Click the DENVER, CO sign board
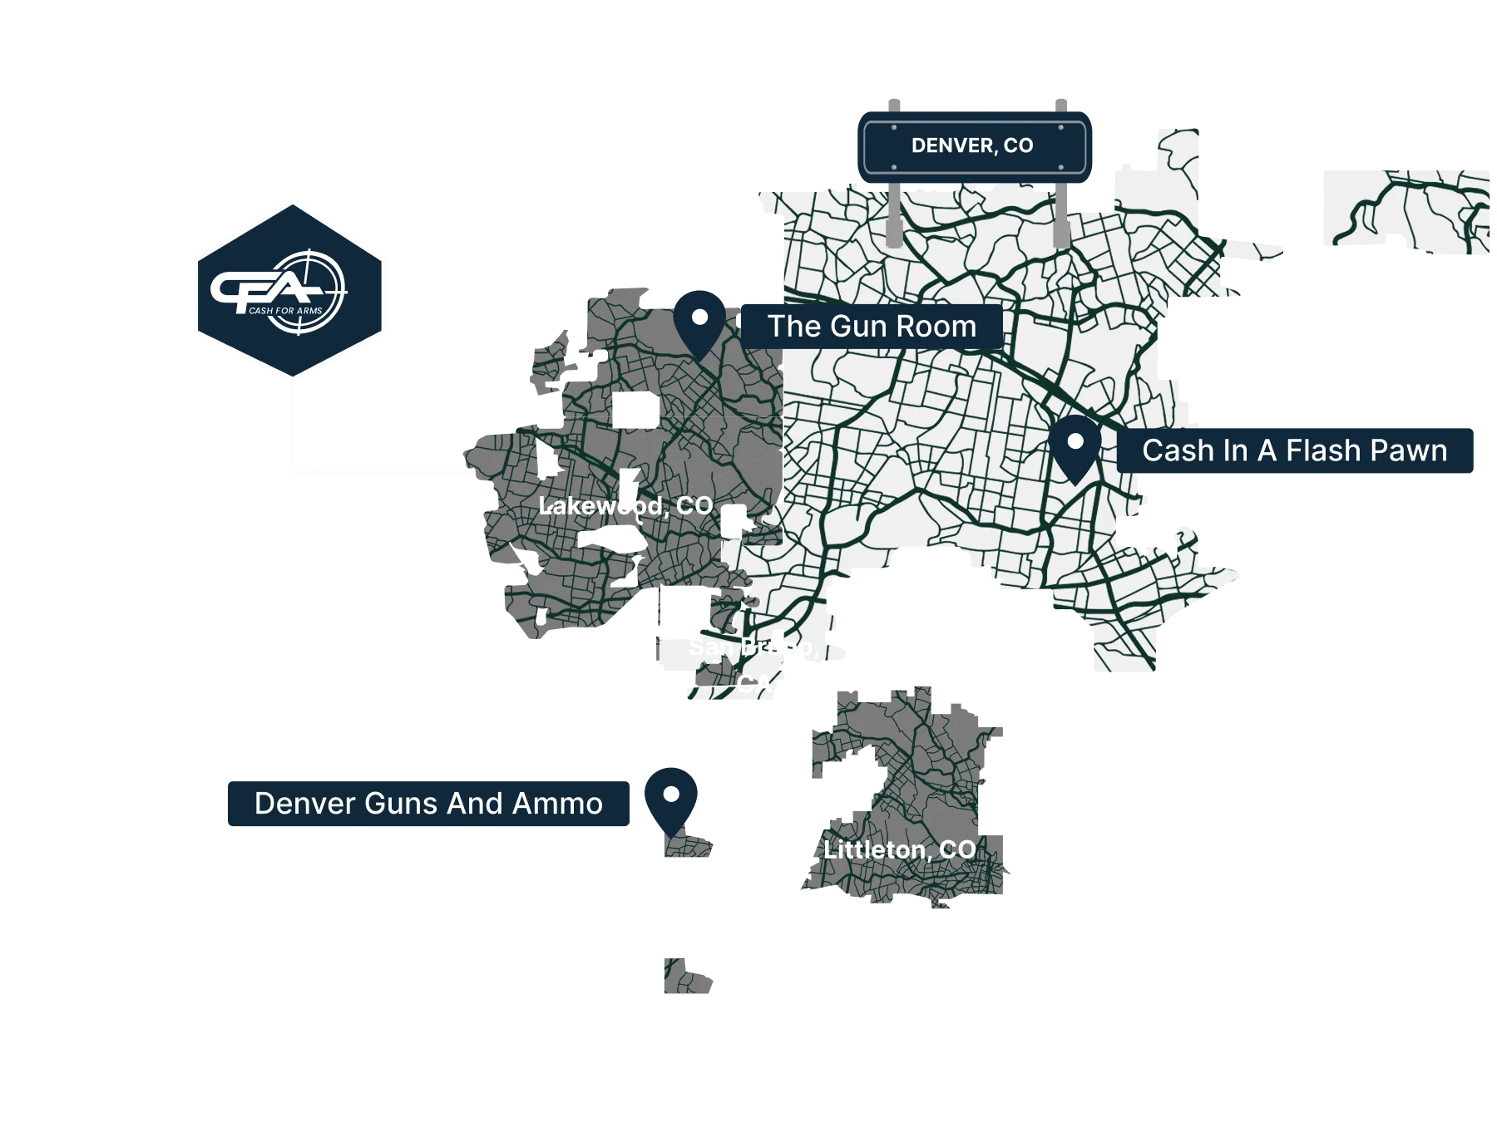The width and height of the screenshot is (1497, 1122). click(x=972, y=146)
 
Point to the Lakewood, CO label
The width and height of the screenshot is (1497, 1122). click(x=625, y=505)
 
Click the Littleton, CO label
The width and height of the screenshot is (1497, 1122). click(x=899, y=849)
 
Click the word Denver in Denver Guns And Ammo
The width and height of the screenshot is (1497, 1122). click(x=297, y=804)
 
